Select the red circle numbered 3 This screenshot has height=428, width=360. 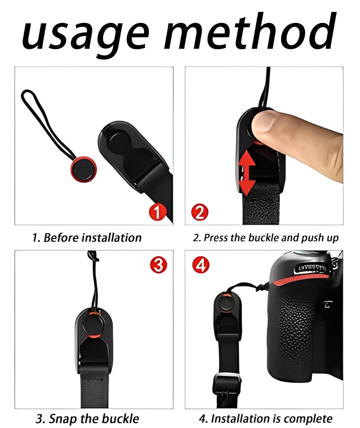(158, 265)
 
